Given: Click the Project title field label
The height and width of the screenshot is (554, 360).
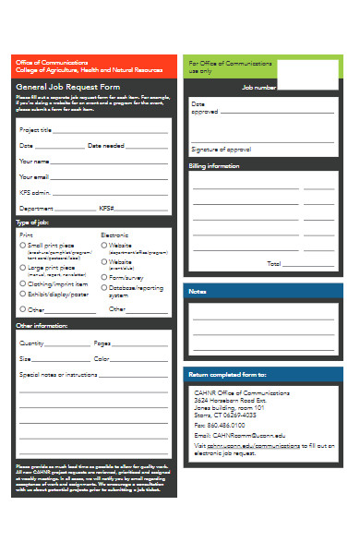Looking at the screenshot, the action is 36,130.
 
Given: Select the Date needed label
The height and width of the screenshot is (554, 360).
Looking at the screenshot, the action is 105,146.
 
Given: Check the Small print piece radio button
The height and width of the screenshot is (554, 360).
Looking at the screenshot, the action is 23,246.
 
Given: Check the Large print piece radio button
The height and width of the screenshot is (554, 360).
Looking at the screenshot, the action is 23,268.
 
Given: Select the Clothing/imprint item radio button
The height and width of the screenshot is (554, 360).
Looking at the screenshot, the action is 23,284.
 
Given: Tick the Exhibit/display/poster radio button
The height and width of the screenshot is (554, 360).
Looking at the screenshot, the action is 23,295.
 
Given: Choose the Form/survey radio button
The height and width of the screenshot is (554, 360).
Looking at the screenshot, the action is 103,277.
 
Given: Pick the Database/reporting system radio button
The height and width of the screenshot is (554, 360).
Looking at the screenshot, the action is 103,287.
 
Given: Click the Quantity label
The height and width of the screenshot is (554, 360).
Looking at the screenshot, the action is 32,343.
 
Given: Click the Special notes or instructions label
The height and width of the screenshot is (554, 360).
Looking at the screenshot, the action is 58,376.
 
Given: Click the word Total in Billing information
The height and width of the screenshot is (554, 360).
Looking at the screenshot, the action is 274,264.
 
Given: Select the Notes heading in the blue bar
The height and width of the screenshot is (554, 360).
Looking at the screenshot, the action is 198,291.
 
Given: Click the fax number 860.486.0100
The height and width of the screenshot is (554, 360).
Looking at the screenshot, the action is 226,425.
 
